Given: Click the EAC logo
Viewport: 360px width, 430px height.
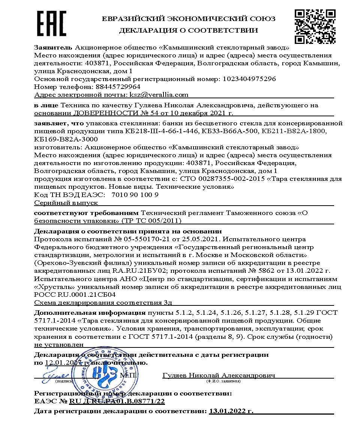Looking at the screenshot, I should click(x=52, y=23).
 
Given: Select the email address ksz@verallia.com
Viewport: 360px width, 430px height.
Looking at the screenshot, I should click(x=159, y=95).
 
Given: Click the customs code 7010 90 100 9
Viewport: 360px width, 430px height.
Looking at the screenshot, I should click(x=135, y=195).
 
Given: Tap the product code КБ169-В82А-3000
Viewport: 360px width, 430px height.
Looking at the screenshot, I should click(x=64, y=139).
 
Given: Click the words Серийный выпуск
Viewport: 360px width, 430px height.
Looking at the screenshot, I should click(x=66, y=203).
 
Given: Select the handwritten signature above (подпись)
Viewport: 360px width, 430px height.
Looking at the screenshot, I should click(x=60, y=375).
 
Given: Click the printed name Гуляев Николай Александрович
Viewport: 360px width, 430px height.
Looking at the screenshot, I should click(x=219, y=375).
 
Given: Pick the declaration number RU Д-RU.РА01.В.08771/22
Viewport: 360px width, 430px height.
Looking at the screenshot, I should click(x=117, y=401).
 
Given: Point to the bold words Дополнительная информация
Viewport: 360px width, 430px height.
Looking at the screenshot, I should click(x=89, y=313).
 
